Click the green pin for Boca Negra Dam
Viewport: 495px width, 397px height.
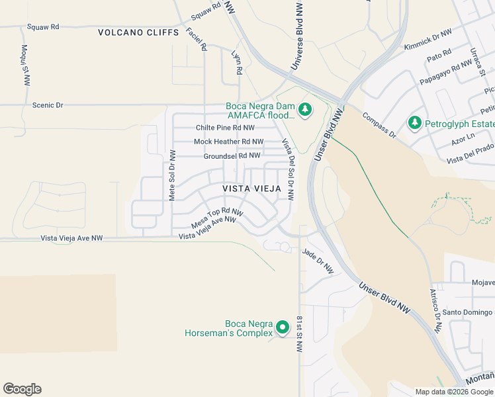304,110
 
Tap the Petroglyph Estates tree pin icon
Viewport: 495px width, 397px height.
415,122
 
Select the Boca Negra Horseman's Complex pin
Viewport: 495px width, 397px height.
283,328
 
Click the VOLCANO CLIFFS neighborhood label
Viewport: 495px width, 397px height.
138,32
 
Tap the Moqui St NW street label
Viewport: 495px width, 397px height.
25,65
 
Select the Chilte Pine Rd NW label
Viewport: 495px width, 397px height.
225,128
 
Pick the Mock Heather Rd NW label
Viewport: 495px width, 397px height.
228,142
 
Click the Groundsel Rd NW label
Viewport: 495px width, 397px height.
232,155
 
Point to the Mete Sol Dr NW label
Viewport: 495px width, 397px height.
172,175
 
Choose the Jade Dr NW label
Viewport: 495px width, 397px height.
318,261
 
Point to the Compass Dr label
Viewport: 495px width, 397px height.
379,125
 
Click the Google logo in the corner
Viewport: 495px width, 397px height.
22,389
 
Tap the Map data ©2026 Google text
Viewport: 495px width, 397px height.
454,392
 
